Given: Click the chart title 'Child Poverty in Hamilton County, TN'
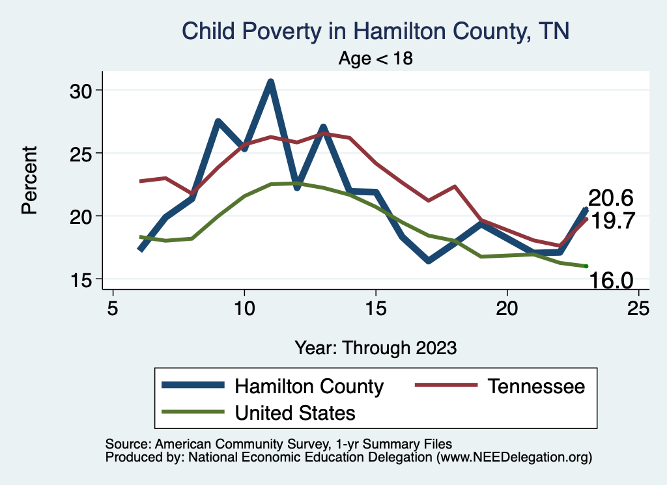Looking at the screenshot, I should (x=375, y=31).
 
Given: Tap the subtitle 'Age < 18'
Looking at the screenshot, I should (x=376, y=59).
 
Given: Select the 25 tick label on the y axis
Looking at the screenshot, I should (x=83, y=153).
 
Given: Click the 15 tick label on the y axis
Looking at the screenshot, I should (x=83, y=279).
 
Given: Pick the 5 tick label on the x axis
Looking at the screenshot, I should (x=113, y=308).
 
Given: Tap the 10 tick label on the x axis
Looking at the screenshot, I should (x=244, y=308).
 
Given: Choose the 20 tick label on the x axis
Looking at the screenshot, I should (x=507, y=308).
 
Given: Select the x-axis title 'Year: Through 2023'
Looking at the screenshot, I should (x=375, y=347).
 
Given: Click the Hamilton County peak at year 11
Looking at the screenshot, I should (x=270, y=81).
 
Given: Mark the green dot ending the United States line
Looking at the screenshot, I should (x=586, y=266).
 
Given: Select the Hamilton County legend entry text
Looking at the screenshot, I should (x=309, y=386).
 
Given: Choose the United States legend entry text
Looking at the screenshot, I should (x=295, y=412).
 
